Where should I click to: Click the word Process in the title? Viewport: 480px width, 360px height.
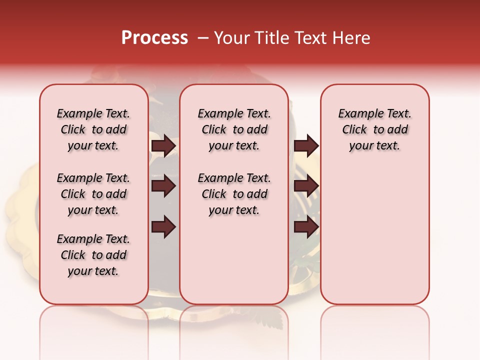[154, 38]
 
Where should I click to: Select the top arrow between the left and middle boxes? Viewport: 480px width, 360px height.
[163, 145]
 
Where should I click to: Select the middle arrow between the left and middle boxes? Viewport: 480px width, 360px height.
[163, 186]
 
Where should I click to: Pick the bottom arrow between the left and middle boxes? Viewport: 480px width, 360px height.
[163, 227]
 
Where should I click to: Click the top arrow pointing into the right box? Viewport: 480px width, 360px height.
[306, 145]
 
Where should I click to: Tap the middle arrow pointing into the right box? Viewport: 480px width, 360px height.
[306, 186]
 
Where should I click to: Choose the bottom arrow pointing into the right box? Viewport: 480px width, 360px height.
[306, 227]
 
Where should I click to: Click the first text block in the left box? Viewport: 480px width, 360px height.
[93, 129]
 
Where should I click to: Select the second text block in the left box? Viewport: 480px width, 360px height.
[93, 194]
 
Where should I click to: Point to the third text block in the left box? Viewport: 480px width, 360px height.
[93, 255]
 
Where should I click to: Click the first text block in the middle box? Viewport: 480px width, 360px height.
[234, 129]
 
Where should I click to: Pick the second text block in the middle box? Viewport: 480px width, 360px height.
[234, 194]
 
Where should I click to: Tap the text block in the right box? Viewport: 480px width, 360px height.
[375, 129]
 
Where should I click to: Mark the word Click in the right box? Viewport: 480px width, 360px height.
[354, 130]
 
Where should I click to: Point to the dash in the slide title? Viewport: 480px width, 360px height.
[203, 38]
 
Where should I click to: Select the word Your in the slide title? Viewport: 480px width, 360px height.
[233, 38]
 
